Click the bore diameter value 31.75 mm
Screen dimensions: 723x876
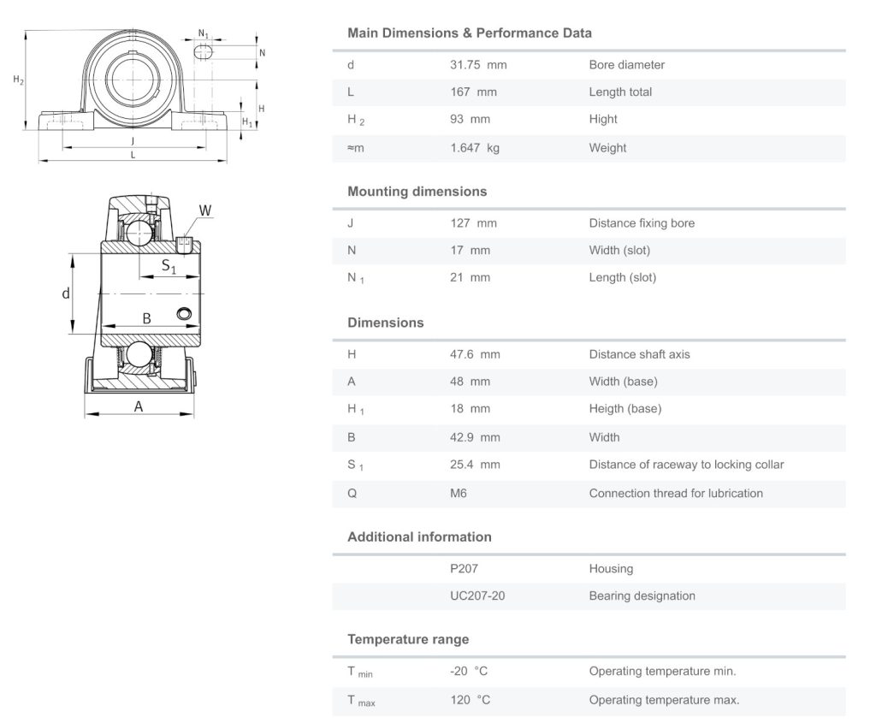pyautogui.click(x=478, y=65)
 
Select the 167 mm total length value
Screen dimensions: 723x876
pyautogui.click(x=473, y=92)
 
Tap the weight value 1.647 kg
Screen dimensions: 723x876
pyautogui.click(x=475, y=148)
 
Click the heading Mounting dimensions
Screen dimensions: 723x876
pyautogui.click(x=417, y=192)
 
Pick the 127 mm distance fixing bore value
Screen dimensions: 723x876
pyautogui.click(x=473, y=223)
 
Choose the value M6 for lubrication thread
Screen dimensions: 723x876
pyautogui.click(x=459, y=494)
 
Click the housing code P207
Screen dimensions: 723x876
pyautogui.click(x=464, y=569)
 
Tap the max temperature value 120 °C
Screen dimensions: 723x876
pyautogui.click(x=470, y=700)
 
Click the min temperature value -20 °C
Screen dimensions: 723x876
pyautogui.click(x=470, y=672)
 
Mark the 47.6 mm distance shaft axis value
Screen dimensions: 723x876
pyautogui.click(x=475, y=354)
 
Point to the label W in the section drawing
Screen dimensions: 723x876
pyautogui.click(x=205, y=210)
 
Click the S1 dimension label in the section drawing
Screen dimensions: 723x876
pyautogui.click(x=169, y=267)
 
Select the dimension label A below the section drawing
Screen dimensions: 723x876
pyautogui.click(x=139, y=406)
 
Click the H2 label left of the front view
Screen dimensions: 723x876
pyautogui.click(x=18, y=80)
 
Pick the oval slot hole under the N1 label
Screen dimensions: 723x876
pyautogui.click(x=204, y=53)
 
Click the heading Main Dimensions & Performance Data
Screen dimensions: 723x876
pyautogui.click(x=469, y=33)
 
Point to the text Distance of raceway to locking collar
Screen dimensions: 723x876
pyautogui.click(x=686, y=465)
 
